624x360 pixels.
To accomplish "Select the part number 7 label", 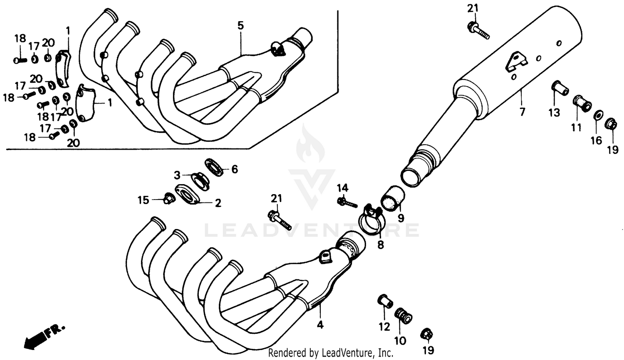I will coord(522,111).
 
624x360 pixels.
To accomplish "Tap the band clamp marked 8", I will coord(370,220).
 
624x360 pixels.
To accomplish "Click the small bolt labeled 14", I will coord(347,202).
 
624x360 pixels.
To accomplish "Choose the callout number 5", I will coord(240,26).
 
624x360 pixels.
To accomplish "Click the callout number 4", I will coord(320,325).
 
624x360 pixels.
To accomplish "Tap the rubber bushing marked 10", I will coord(403,315).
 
